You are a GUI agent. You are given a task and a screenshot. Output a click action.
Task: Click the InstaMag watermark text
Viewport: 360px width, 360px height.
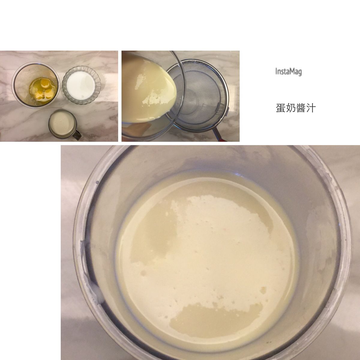tap(288, 72)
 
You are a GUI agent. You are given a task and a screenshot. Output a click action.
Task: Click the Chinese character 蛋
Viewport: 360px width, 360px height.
tap(281, 108)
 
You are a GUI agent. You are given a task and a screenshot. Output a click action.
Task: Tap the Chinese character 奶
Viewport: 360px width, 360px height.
tap(291, 108)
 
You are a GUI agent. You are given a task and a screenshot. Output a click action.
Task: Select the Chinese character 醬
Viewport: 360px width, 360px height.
tap(301, 108)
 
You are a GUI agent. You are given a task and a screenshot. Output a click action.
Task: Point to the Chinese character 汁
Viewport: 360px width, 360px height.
tap(310, 108)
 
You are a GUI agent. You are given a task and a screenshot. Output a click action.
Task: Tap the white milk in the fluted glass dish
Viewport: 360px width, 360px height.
tap(81, 85)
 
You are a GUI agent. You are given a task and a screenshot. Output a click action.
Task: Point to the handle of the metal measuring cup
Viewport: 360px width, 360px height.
tap(77, 134)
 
